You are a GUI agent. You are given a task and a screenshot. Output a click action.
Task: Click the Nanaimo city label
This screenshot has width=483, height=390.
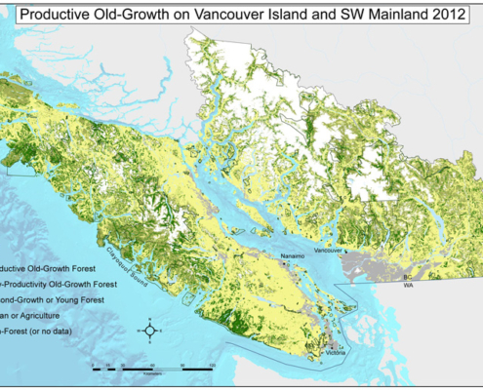pyautogui.click(x=294, y=256)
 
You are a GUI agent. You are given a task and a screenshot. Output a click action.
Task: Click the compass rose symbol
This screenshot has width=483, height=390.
pyautogui.click(x=149, y=331)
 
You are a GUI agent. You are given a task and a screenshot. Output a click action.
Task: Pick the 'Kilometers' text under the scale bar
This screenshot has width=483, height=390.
pyautogui.click(x=152, y=373)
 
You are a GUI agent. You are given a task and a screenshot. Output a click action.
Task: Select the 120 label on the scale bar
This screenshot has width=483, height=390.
pyautogui.click(x=212, y=362)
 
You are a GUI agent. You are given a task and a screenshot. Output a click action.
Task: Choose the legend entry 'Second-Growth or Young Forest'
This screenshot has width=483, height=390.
pyautogui.click(x=59, y=299)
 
